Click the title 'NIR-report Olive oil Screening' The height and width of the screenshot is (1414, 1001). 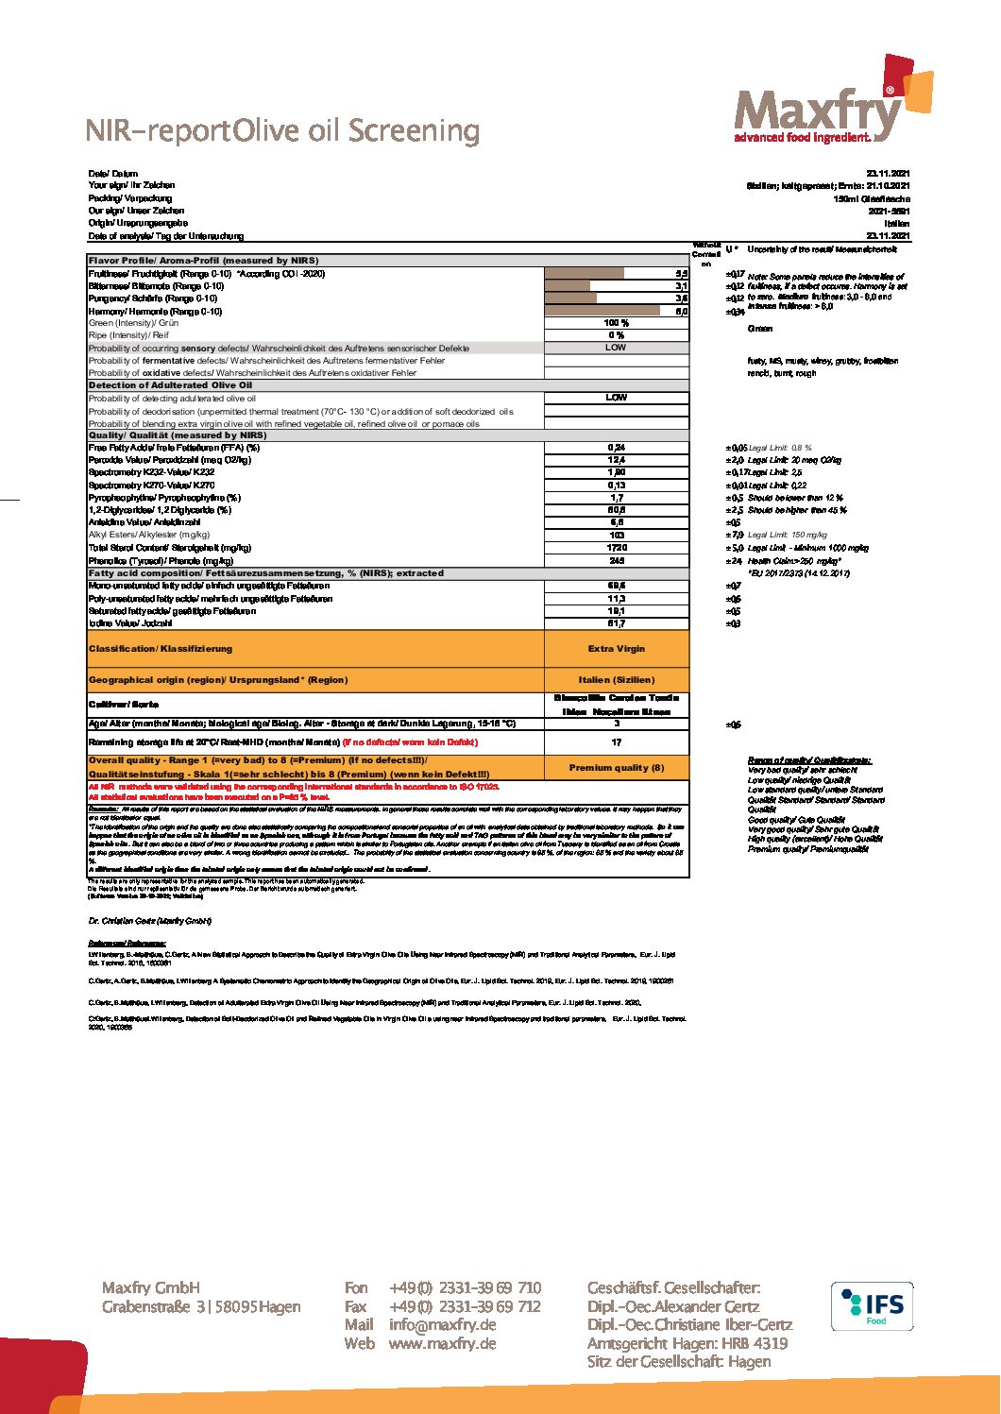(282, 130)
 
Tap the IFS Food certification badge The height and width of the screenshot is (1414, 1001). (872, 1306)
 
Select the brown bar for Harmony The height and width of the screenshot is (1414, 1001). (602, 311)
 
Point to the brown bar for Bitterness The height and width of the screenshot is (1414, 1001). (568, 286)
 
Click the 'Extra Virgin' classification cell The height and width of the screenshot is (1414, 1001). (616, 649)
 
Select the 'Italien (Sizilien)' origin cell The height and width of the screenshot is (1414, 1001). (616, 680)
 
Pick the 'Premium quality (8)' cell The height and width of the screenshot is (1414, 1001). (616, 768)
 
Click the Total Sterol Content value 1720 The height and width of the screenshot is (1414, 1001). (616, 548)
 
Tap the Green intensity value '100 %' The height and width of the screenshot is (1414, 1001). (616, 323)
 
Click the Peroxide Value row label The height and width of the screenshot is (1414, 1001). (170, 460)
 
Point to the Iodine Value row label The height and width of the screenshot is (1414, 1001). (130, 623)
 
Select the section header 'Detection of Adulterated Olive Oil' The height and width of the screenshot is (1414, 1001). (170, 385)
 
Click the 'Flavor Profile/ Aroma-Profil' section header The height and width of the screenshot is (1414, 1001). (203, 261)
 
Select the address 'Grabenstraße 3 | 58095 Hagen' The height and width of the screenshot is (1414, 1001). (201, 1307)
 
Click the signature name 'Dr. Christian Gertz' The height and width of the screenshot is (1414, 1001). (150, 921)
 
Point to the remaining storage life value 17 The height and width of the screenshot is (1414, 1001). (616, 742)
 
